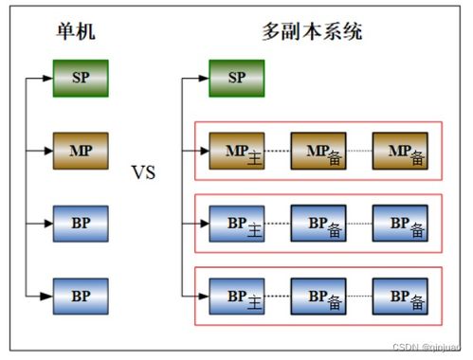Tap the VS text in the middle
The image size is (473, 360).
click(x=143, y=173)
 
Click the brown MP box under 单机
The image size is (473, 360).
click(x=82, y=150)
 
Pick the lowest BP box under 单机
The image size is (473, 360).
click(x=82, y=294)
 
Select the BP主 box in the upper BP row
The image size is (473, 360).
click(x=237, y=224)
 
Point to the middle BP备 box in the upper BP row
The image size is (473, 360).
click(x=318, y=224)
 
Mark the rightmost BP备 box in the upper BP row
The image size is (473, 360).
click(x=399, y=224)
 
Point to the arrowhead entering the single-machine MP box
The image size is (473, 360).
click(x=48, y=150)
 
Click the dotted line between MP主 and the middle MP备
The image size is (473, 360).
click(x=278, y=151)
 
